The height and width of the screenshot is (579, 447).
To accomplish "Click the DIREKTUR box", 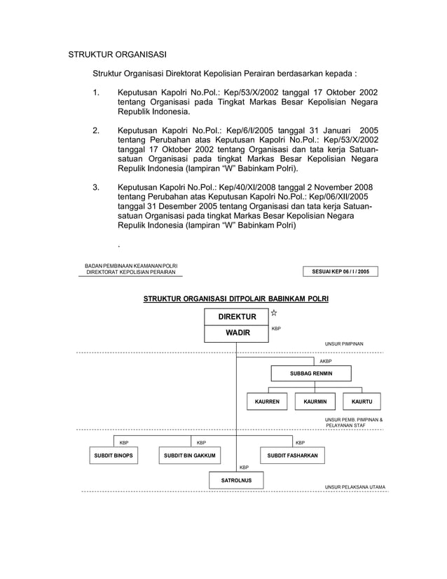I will click(237, 317).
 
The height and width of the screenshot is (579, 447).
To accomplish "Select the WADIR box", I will click(237, 333).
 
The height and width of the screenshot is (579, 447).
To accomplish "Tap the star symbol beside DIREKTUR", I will click(275, 313).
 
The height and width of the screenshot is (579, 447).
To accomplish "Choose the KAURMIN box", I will click(315, 402).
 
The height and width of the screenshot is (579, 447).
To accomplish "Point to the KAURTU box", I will click(362, 402).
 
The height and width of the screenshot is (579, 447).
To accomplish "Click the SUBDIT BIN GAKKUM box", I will click(188, 456).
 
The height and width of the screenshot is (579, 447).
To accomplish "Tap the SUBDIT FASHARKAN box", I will click(292, 456).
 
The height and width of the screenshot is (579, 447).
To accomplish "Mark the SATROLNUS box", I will click(236, 481).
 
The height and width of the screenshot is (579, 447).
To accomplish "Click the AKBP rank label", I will click(326, 361).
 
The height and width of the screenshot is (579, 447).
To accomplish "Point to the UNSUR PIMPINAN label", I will click(344, 344).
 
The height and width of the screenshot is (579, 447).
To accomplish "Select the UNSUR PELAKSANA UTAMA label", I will click(355, 486).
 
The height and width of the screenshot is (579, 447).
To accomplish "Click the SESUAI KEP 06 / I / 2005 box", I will click(340, 271).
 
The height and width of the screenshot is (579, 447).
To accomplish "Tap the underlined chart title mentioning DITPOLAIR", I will click(236, 299).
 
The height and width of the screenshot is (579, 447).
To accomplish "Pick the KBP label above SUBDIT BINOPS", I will click(124, 443).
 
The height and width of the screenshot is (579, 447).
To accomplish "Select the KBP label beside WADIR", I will click(277, 328).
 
